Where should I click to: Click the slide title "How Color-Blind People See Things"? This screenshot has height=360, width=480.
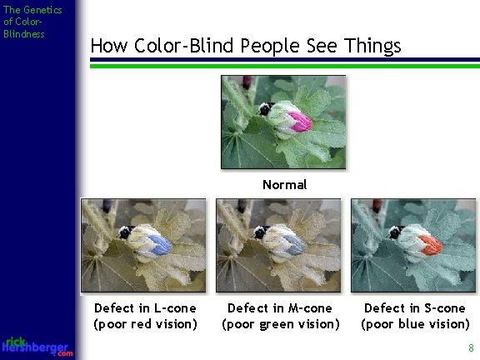click(x=245, y=45)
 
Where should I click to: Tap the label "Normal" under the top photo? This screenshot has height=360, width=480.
click(x=284, y=184)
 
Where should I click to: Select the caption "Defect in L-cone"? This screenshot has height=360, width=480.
click(x=146, y=308)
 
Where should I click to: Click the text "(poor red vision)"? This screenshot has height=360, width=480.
click(x=146, y=323)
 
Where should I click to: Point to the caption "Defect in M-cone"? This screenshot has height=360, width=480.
click(x=280, y=308)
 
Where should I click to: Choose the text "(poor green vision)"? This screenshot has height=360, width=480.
click(x=280, y=323)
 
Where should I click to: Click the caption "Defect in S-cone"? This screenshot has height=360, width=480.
click(x=415, y=308)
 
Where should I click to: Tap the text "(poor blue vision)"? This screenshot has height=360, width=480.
click(x=415, y=323)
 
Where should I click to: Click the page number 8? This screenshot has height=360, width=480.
click(x=471, y=347)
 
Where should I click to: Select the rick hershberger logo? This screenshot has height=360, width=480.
click(x=37, y=347)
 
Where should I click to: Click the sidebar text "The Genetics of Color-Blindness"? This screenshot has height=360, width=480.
click(x=24, y=22)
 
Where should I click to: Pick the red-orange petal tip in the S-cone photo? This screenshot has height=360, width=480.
click(x=430, y=243)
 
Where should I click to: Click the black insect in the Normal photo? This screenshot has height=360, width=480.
click(x=266, y=109)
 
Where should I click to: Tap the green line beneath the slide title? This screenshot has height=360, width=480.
click(x=283, y=66)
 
